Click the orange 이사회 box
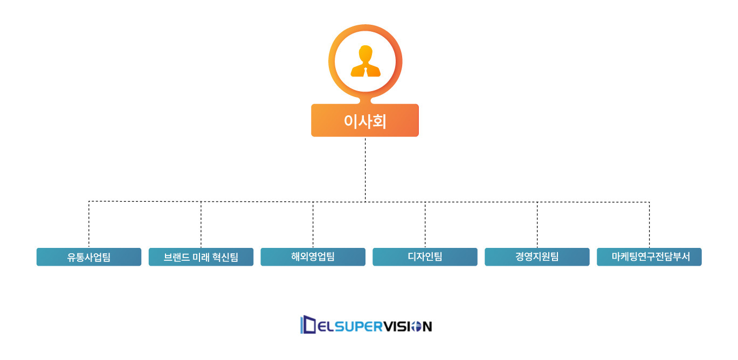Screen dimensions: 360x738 coord(365,120)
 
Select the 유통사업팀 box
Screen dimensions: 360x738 coord(89,257)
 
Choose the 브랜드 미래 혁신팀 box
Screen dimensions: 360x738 coord(201,257)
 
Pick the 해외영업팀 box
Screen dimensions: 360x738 coord(313,257)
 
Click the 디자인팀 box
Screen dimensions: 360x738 coord(425,257)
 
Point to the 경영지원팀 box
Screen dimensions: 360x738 coord(537,257)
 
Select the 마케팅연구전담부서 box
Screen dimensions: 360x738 coord(649,257)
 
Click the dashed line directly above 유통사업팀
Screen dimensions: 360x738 coord(89,224)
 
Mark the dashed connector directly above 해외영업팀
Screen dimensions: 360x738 coord(313,224)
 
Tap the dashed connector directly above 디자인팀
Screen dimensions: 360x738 coord(425,224)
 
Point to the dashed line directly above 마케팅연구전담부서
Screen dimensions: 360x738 coord(649,224)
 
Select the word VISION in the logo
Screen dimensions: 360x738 coord(406,327)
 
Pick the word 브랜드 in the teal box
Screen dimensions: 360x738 coord(176,257)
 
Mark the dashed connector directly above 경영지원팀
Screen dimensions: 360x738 coord(537,224)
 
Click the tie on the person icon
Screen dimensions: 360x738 coord(365,71)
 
